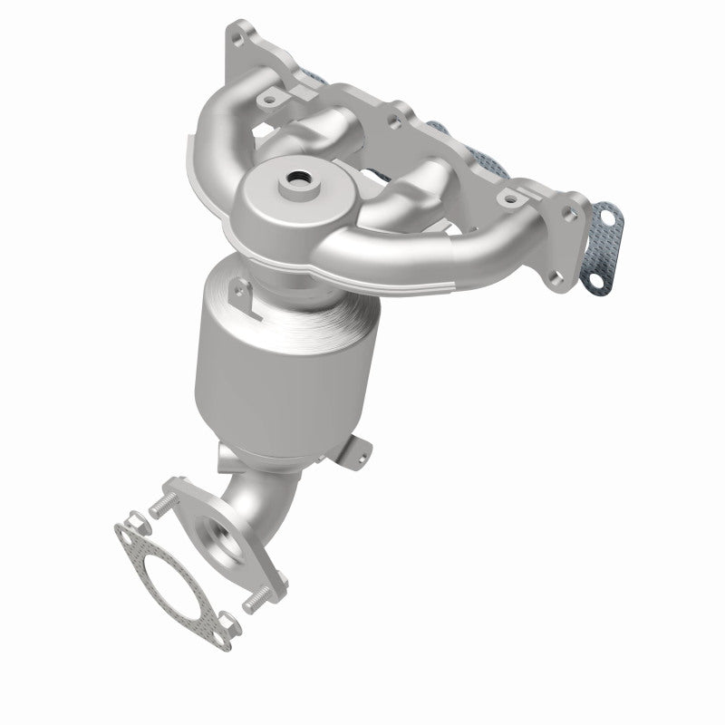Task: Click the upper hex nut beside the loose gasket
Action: (131, 520)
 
